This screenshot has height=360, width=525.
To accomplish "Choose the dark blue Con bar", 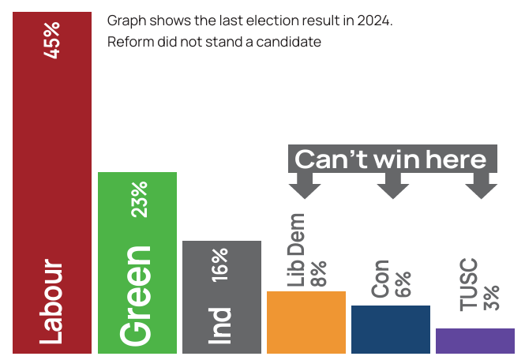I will point(391,329).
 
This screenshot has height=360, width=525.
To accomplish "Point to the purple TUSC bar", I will point(475,340).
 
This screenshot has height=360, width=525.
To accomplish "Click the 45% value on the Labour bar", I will point(52,39).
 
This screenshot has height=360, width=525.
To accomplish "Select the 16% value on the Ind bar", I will point(220,264).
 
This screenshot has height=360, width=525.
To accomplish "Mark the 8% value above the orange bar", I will point(318,274).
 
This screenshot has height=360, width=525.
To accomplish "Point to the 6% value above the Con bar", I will point(403,284).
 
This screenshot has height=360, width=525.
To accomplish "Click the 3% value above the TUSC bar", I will point(491,296).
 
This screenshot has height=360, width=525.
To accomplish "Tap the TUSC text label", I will point(469,283).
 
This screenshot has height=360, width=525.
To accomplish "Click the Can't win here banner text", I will point(391,159).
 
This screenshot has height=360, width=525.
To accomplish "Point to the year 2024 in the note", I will point(373,21).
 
